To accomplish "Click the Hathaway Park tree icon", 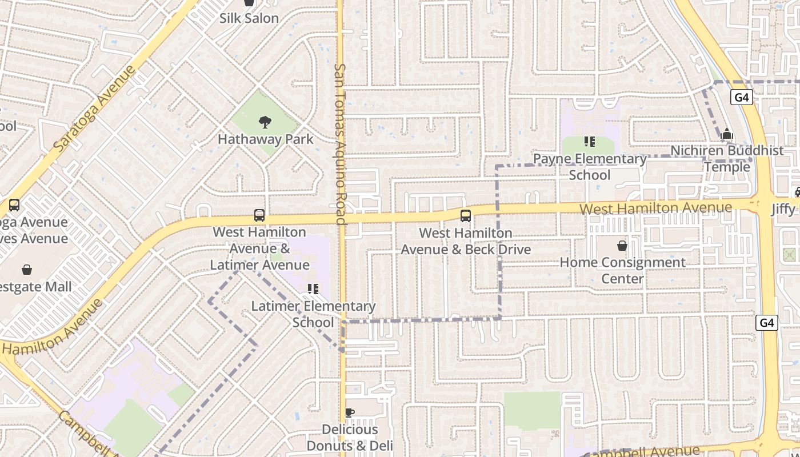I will click(x=265, y=122).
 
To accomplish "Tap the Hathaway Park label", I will click(x=266, y=139).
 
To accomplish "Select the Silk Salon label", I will click(x=249, y=18).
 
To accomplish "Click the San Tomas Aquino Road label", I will click(x=340, y=143).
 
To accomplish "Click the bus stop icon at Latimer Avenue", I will click(x=259, y=215).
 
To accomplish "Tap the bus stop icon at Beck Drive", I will click(x=466, y=215).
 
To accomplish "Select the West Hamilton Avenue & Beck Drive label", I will click(x=466, y=242).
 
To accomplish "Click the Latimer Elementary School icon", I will click(x=313, y=289).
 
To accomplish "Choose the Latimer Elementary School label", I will click(x=313, y=314).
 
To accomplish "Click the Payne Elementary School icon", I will click(x=590, y=142).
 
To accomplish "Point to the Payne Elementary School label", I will click(x=590, y=167).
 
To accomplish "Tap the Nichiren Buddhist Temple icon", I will click(x=727, y=134).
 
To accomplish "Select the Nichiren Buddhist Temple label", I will click(x=727, y=159).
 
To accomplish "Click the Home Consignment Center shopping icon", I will click(x=622, y=246).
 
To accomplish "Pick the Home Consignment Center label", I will click(x=622, y=271).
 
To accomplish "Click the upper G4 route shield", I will click(x=741, y=97).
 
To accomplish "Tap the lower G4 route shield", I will click(x=767, y=323).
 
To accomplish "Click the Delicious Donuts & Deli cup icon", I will click(x=350, y=412).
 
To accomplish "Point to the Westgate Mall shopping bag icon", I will click(x=26, y=270).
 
